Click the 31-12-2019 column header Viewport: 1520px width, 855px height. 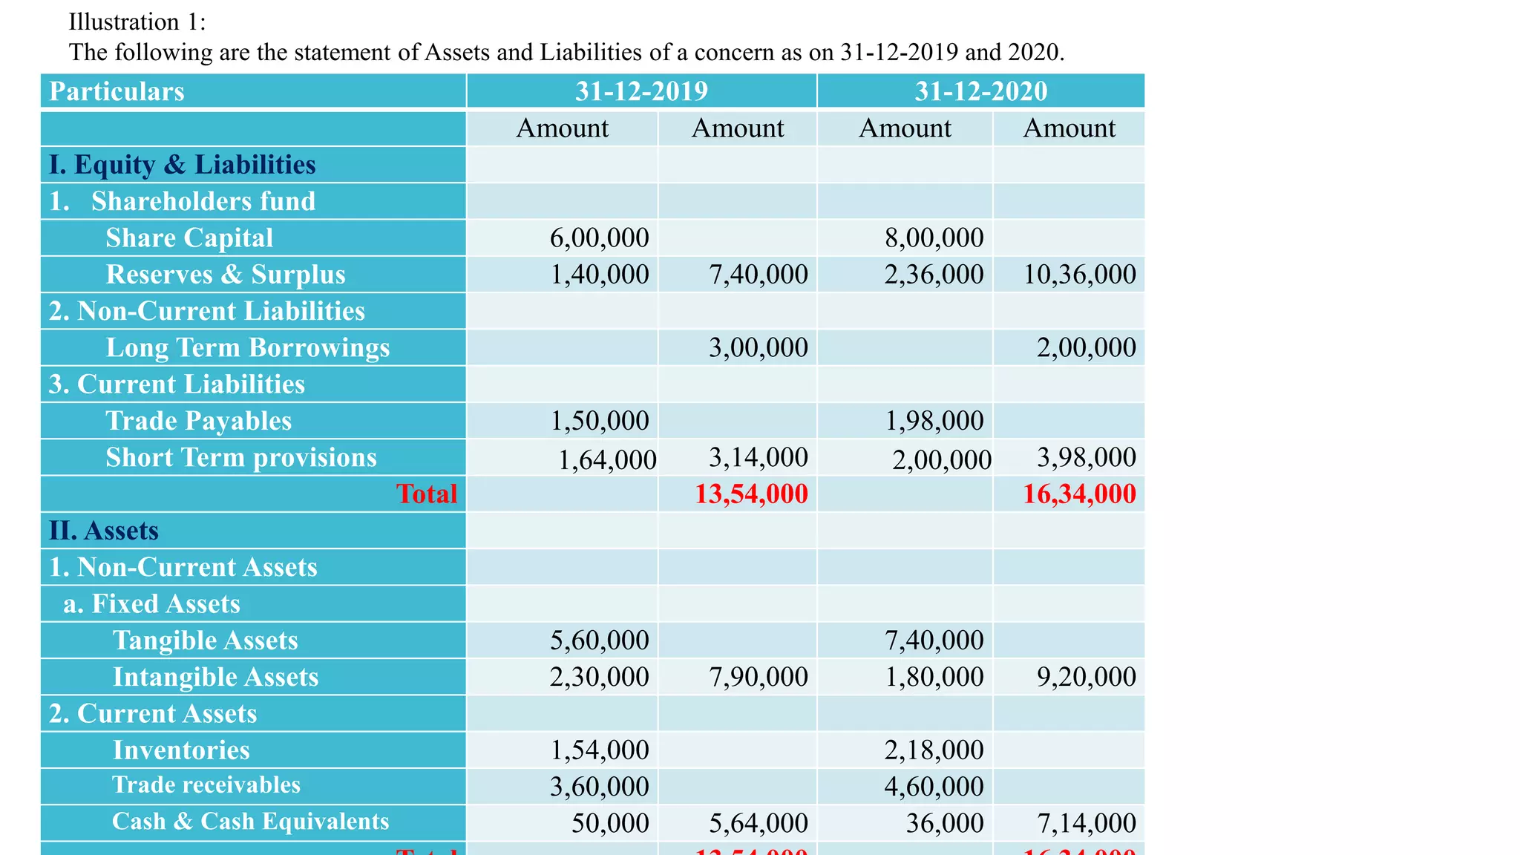point(641,91)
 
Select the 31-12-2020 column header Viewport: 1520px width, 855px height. point(980,91)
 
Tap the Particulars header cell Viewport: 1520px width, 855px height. point(117,91)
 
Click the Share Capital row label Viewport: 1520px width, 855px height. point(189,237)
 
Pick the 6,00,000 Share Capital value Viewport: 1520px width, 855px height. point(599,237)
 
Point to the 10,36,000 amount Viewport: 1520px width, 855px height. point(1079,275)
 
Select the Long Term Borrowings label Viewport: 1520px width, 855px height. point(247,347)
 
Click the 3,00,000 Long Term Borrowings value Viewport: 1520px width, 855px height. point(758,347)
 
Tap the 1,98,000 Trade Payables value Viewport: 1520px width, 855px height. point(934,421)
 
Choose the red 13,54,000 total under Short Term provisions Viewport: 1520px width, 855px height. point(751,494)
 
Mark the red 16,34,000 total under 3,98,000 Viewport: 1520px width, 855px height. point(1079,494)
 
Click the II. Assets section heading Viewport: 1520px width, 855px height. point(104,531)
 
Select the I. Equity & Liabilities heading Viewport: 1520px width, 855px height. point(182,165)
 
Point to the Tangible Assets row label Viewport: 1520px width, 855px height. point(205,641)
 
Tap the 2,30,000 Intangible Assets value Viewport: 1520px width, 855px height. point(599,677)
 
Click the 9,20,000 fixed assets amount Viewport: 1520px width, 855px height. point(1086,677)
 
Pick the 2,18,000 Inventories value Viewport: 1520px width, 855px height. point(934,750)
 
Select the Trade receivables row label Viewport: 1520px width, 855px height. point(206,785)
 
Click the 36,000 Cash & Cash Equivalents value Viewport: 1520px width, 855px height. point(944,823)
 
